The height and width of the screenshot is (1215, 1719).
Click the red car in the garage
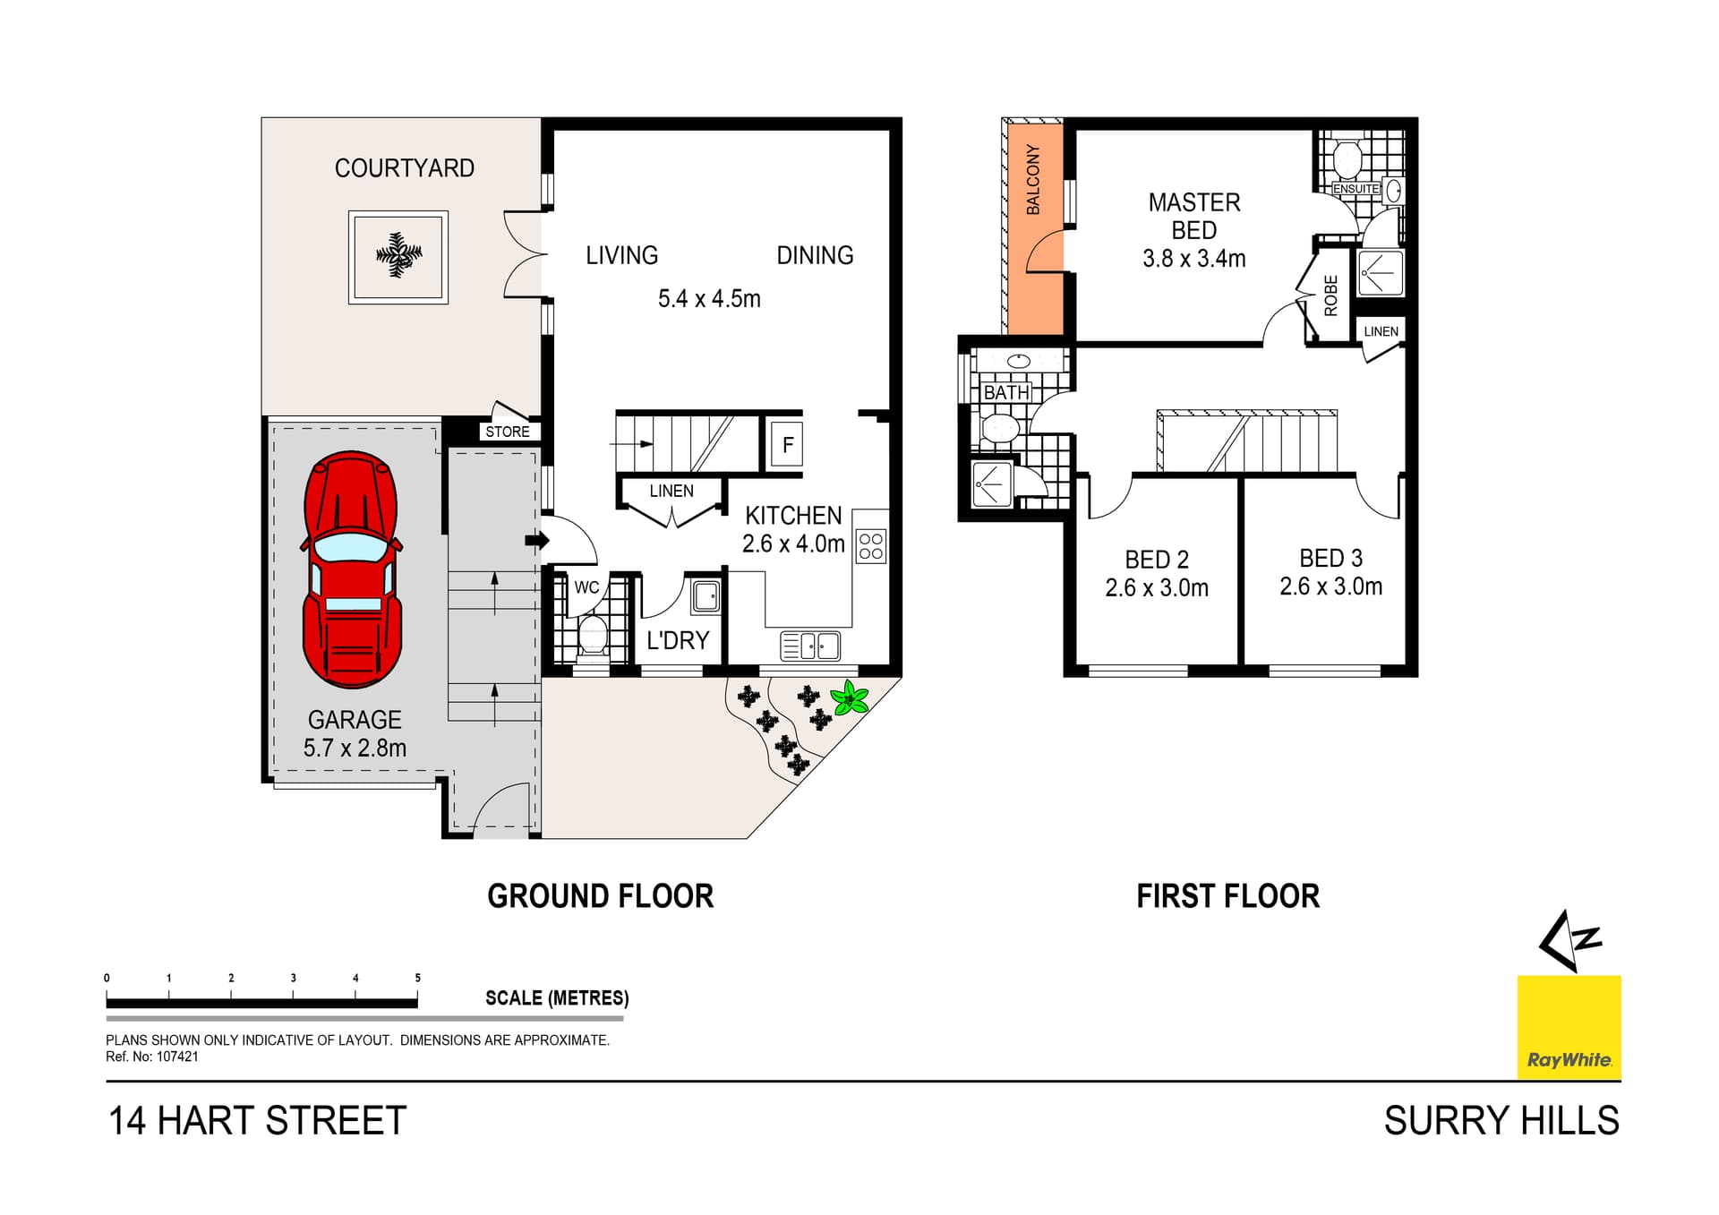(x=352, y=569)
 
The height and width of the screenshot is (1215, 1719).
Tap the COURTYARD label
(x=404, y=168)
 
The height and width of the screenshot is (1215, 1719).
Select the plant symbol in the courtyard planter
(x=398, y=257)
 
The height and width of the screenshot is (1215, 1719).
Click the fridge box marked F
(x=787, y=445)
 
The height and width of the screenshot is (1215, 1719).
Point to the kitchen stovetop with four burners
(x=870, y=546)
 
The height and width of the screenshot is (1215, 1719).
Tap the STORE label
(x=507, y=432)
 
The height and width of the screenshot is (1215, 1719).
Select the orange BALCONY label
(x=1033, y=179)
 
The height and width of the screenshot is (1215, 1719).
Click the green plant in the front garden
(x=849, y=697)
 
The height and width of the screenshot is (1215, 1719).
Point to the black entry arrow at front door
(x=536, y=541)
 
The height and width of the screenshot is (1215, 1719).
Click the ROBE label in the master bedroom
(x=1330, y=295)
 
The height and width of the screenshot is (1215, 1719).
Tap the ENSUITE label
(x=1356, y=189)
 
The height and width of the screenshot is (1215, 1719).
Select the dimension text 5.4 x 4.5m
(x=709, y=299)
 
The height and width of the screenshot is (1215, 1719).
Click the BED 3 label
(x=1330, y=559)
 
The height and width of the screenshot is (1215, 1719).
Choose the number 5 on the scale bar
(x=417, y=978)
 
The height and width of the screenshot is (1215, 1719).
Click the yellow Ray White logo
(x=1569, y=1027)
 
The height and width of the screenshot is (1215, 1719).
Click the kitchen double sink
(x=810, y=646)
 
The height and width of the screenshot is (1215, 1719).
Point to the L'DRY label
(x=678, y=641)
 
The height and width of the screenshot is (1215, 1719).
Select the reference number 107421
(x=177, y=1057)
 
